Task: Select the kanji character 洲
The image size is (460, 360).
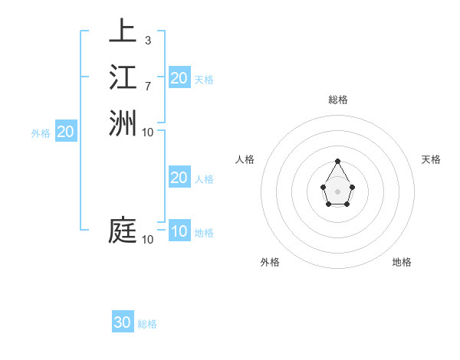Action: tap(123, 123)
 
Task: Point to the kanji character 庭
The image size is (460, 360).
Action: tap(123, 231)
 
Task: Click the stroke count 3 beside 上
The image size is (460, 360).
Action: tap(147, 40)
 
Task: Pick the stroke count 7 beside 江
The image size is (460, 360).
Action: tap(147, 86)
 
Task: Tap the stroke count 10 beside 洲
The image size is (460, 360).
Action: tap(148, 132)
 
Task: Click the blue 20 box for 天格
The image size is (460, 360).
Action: tap(179, 77)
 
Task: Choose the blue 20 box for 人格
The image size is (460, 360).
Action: tap(179, 178)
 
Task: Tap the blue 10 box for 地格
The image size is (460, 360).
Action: tap(179, 231)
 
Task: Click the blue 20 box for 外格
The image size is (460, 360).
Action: tap(66, 132)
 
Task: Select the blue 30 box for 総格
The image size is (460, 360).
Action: tap(123, 322)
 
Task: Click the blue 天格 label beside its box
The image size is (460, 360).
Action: tap(204, 79)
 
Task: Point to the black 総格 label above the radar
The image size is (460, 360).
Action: tap(337, 100)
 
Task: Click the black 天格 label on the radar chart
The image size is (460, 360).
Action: tap(432, 159)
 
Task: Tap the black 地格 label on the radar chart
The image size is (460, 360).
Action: tap(402, 262)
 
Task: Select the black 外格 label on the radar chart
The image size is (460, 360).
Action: tap(270, 262)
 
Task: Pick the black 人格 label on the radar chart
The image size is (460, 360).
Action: tap(245, 159)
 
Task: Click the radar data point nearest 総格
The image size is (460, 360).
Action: tap(337, 161)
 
